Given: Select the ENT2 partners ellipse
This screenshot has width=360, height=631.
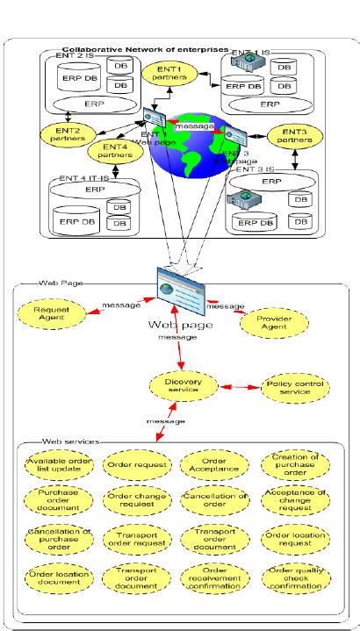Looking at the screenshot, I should [x=65, y=134].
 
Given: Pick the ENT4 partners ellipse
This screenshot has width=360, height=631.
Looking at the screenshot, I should [x=117, y=152].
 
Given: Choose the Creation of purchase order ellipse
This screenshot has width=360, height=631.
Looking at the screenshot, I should [x=295, y=464].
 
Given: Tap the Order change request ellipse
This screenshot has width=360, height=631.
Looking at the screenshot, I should [x=132, y=499].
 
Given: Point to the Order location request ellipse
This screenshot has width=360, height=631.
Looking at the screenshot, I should [x=295, y=537].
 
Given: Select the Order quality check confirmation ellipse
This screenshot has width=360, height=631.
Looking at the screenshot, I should [x=295, y=576].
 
